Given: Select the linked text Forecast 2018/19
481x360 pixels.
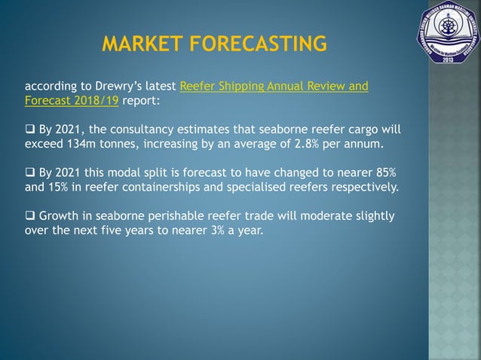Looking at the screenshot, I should point(72,99).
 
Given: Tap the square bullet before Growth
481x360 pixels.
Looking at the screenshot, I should point(29,216).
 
